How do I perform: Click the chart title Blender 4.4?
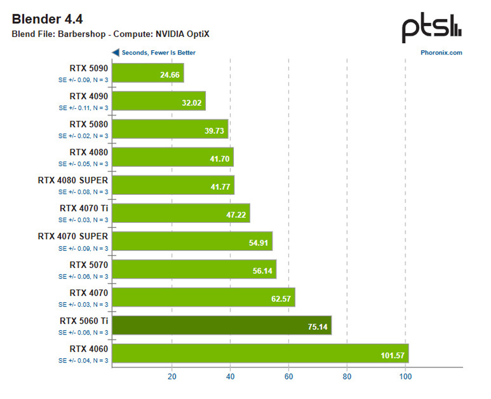(x=47, y=19)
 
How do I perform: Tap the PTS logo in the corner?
(x=432, y=29)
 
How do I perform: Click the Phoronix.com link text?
(x=441, y=53)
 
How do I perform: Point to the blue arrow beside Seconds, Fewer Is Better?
(x=115, y=53)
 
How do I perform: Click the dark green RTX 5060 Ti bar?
(x=222, y=325)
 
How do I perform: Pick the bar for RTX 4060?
(x=260, y=353)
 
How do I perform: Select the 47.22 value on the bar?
(x=235, y=215)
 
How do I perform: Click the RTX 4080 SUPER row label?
(x=73, y=180)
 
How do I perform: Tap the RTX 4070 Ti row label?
(x=83, y=208)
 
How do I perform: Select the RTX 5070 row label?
(x=89, y=265)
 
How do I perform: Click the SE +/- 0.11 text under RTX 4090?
(x=83, y=107)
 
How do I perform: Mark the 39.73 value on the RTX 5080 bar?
(x=214, y=132)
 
